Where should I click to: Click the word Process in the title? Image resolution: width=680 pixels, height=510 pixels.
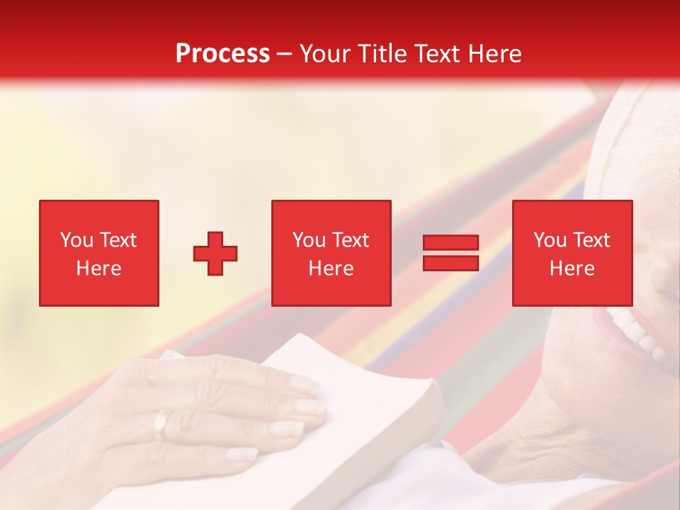[222, 54]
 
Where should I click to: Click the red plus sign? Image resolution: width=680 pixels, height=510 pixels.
[215, 254]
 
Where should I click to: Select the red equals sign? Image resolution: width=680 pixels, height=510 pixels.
[450, 253]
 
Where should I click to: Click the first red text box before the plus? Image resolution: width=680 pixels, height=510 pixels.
[99, 253]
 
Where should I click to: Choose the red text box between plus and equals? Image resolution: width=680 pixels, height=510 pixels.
[331, 253]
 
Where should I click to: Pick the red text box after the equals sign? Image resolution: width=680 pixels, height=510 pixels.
[572, 253]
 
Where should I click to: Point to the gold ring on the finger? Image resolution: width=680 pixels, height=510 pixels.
[161, 424]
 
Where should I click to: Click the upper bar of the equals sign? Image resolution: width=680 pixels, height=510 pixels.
[450, 243]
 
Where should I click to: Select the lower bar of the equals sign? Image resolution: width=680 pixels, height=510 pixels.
[450, 263]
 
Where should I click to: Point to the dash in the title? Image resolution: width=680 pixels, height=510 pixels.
[285, 54]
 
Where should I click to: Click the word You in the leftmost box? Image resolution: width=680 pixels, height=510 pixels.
[76, 240]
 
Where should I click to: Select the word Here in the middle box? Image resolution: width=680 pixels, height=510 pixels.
[331, 268]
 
